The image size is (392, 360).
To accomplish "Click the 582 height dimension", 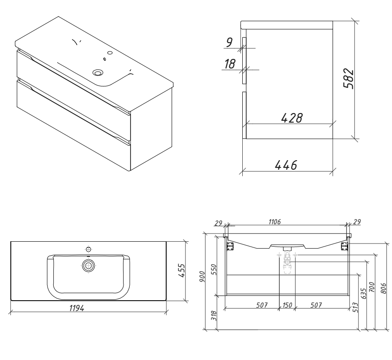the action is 349,78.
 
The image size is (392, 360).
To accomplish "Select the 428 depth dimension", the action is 292,118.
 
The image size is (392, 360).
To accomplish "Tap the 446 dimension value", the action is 286,165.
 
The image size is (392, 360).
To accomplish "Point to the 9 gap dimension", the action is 229,42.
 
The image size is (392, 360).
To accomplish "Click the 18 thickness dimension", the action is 230,64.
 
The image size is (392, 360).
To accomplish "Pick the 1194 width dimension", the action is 77,308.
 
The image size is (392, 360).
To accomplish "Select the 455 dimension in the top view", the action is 182,271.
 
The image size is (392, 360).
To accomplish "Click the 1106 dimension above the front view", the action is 275,222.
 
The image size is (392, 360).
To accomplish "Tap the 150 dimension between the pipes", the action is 287,305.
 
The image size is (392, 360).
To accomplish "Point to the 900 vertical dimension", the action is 202,277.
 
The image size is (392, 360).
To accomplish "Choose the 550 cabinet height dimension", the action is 214,270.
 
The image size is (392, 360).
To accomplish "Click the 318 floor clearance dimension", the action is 214,315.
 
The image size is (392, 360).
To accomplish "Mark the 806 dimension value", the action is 384,288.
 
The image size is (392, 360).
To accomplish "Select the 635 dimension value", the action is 364,293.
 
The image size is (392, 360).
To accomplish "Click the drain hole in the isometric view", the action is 98,73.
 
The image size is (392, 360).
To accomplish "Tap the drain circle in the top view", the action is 88,265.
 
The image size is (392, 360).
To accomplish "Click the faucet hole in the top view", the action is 88,249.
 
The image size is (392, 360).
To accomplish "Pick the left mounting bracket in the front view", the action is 230,246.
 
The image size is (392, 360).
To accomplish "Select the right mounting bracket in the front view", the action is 345,246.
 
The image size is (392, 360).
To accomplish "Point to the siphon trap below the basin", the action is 287,262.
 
